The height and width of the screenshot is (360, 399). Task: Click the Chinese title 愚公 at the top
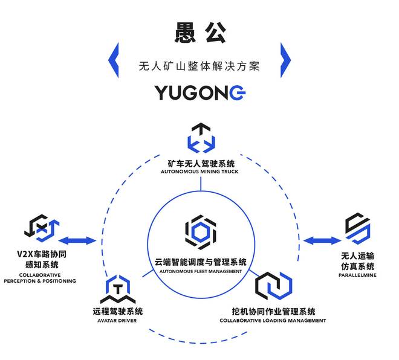[x=199, y=33]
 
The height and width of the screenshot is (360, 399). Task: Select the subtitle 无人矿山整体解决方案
[x=199, y=66]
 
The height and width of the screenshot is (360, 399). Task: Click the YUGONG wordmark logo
[x=199, y=92]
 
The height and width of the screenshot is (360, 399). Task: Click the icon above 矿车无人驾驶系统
[x=200, y=138]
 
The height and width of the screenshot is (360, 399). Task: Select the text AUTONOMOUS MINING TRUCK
[x=199, y=172]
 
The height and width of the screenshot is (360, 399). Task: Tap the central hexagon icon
[x=199, y=230]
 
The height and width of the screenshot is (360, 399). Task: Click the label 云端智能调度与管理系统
[x=200, y=262]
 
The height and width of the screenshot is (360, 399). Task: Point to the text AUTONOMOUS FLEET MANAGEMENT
[x=200, y=272]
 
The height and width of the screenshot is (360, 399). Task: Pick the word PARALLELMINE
[x=358, y=276]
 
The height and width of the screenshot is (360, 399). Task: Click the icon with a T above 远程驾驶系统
[x=118, y=289]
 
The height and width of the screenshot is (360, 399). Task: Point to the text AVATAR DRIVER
[x=118, y=321]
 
